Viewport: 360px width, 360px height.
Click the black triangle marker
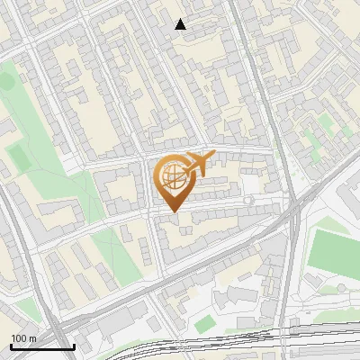pos(181,24)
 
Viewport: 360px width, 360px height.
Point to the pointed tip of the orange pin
pos(172,211)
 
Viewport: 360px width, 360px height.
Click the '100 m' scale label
pos(23,338)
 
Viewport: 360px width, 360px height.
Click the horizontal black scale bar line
pos(41,346)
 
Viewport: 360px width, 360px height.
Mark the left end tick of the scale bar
pos(10,345)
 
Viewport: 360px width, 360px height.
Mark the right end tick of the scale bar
pos(73,345)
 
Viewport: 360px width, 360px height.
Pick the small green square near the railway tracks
pos(206,322)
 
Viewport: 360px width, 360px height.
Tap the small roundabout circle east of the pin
pos(248,200)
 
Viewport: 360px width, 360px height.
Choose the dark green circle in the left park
pos(7,81)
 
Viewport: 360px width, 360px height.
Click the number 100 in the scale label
pos(19,338)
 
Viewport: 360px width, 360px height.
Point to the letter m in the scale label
pos(32,338)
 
